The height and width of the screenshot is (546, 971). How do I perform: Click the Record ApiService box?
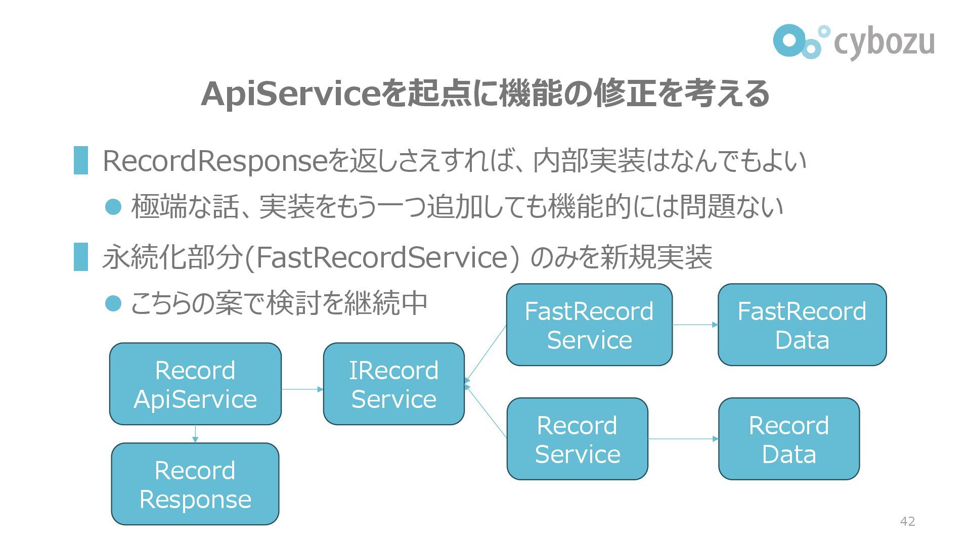click(195, 384)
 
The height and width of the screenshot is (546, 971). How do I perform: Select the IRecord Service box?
click(393, 384)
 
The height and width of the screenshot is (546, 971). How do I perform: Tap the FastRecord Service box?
click(589, 325)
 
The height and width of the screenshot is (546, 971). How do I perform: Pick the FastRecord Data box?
click(802, 325)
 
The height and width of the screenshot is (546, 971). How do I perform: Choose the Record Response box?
click(195, 484)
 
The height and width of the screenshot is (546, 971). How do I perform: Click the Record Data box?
click(788, 439)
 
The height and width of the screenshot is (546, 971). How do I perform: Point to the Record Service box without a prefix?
click(577, 439)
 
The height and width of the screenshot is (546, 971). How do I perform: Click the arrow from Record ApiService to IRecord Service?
click(302, 389)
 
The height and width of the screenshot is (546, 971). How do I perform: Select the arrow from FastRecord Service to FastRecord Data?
click(695, 325)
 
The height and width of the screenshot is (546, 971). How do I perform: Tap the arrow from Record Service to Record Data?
click(683, 439)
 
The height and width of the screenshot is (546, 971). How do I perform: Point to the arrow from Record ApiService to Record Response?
click(195, 434)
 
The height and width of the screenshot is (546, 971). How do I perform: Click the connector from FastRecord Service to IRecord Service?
click(485, 354)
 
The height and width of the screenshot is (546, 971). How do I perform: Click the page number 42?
click(908, 521)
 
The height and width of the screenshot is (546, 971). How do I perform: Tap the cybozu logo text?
click(884, 42)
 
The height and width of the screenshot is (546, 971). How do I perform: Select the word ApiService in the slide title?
click(290, 95)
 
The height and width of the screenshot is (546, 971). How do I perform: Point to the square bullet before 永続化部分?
click(81, 257)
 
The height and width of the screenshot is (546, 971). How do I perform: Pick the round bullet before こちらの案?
click(113, 303)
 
